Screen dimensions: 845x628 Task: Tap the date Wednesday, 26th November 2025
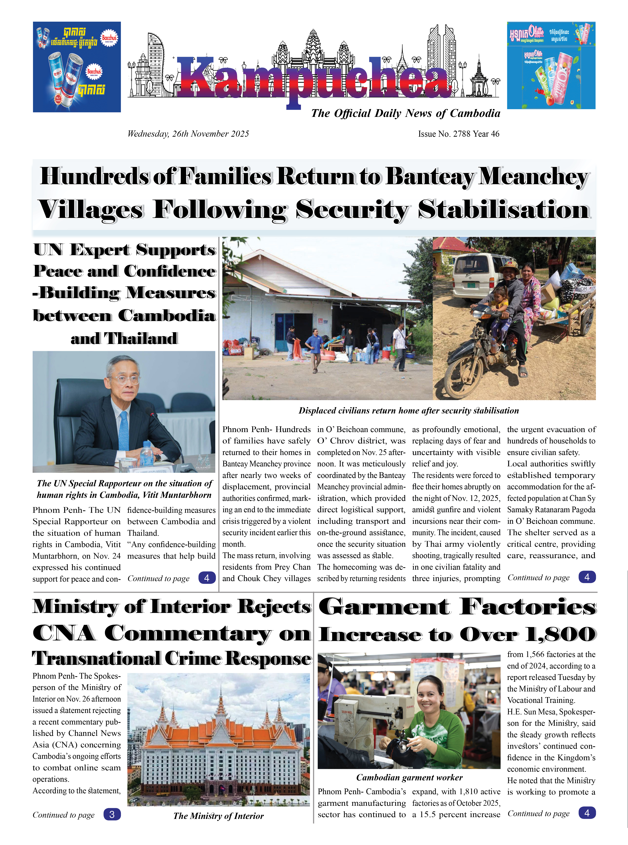pos(188,134)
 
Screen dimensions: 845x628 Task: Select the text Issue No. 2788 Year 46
pos(458,134)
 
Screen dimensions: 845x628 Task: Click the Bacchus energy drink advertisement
pos(77,67)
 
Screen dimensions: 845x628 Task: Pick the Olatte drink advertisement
pos(551,65)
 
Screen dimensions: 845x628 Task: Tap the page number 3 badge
pos(112,814)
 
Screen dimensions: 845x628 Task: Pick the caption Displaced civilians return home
pos(409,411)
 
